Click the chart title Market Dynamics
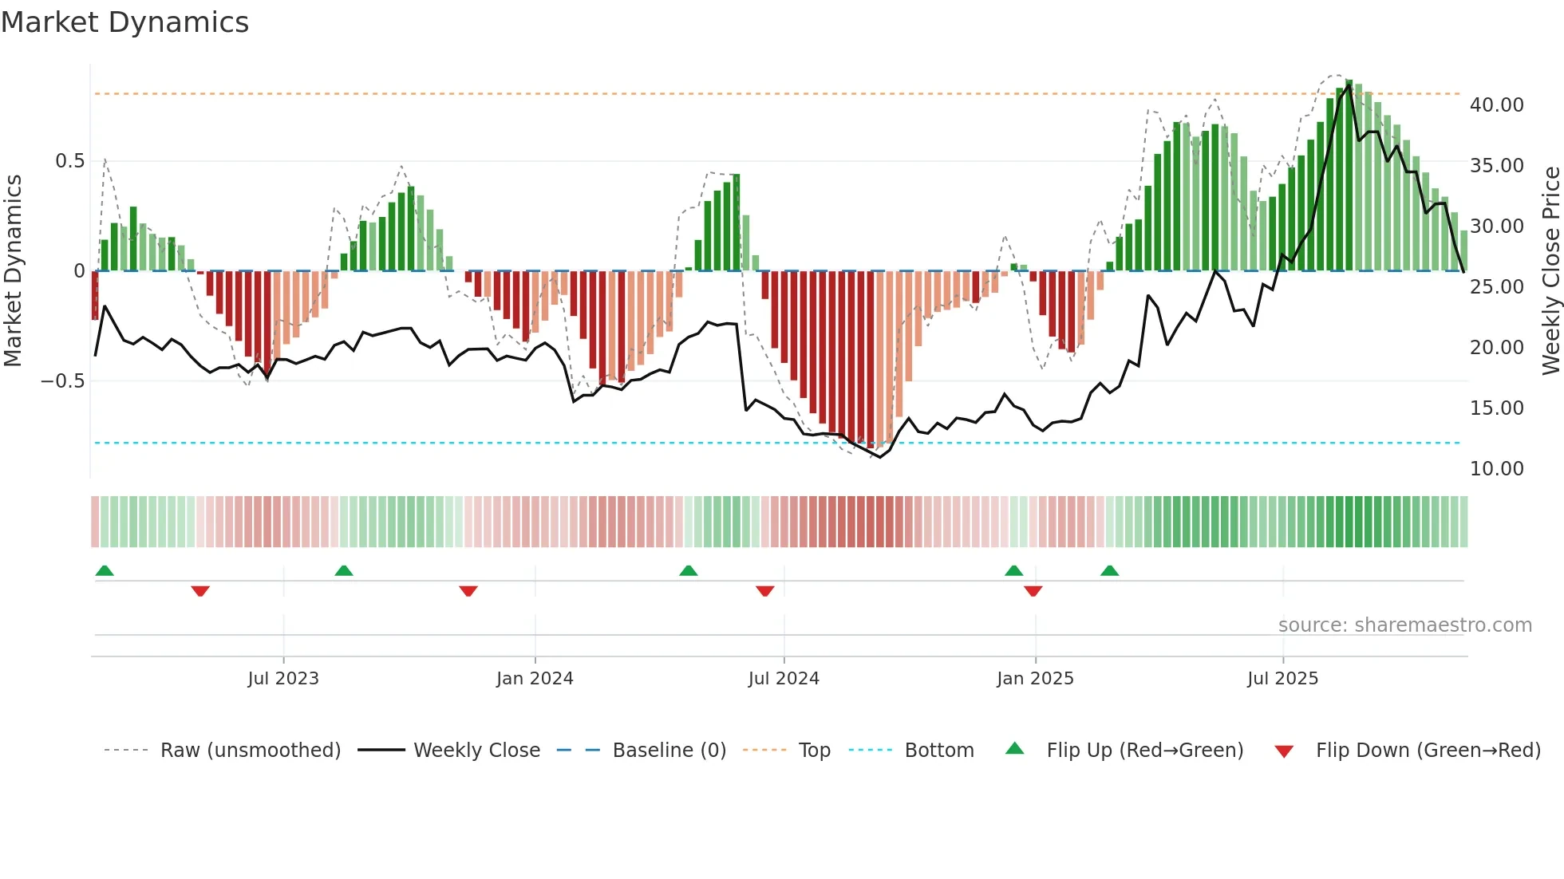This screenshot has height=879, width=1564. [125, 22]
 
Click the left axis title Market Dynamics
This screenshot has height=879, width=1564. [14, 270]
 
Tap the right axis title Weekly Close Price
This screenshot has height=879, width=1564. [1550, 270]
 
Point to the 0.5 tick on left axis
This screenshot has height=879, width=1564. [70, 161]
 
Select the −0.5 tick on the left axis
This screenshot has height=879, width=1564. [63, 381]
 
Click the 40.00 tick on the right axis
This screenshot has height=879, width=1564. [1496, 105]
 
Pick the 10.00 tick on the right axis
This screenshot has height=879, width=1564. [1496, 469]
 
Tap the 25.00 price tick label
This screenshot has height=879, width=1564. [1496, 287]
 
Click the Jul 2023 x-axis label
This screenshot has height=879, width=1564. [283, 679]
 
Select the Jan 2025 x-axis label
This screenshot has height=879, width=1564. [1035, 679]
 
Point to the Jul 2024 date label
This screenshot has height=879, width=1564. [784, 679]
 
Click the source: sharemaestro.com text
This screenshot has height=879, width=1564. [1404, 625]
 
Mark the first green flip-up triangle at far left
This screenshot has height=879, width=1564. [105, 571]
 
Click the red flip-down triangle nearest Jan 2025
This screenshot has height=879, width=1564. [1033, 591]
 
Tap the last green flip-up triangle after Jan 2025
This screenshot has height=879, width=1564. [1109, 571]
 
